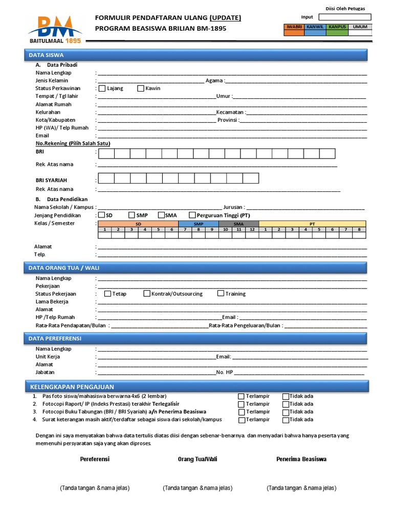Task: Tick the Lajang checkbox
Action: [x=102, y=88]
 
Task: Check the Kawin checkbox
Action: [x=141, y=88]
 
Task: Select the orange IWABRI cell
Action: [x=294, y=33]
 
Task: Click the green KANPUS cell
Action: [x=337, y=33]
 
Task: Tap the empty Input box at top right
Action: [x=344, y=17]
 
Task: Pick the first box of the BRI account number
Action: [x=106, y=154]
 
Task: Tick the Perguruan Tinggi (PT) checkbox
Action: [x=192, y=215]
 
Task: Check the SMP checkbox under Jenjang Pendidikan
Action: [x=132, y=215]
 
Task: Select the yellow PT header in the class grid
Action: [x=312, y=224]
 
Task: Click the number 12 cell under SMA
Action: [x=252, y=230]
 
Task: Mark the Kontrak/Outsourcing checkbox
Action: [x=147, y=294]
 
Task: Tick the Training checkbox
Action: [x=221, y=294]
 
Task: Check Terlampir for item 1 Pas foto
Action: [x=241, y=396]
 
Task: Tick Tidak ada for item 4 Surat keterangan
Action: [x=286, y=420]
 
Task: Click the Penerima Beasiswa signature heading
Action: [x=301, y=459]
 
